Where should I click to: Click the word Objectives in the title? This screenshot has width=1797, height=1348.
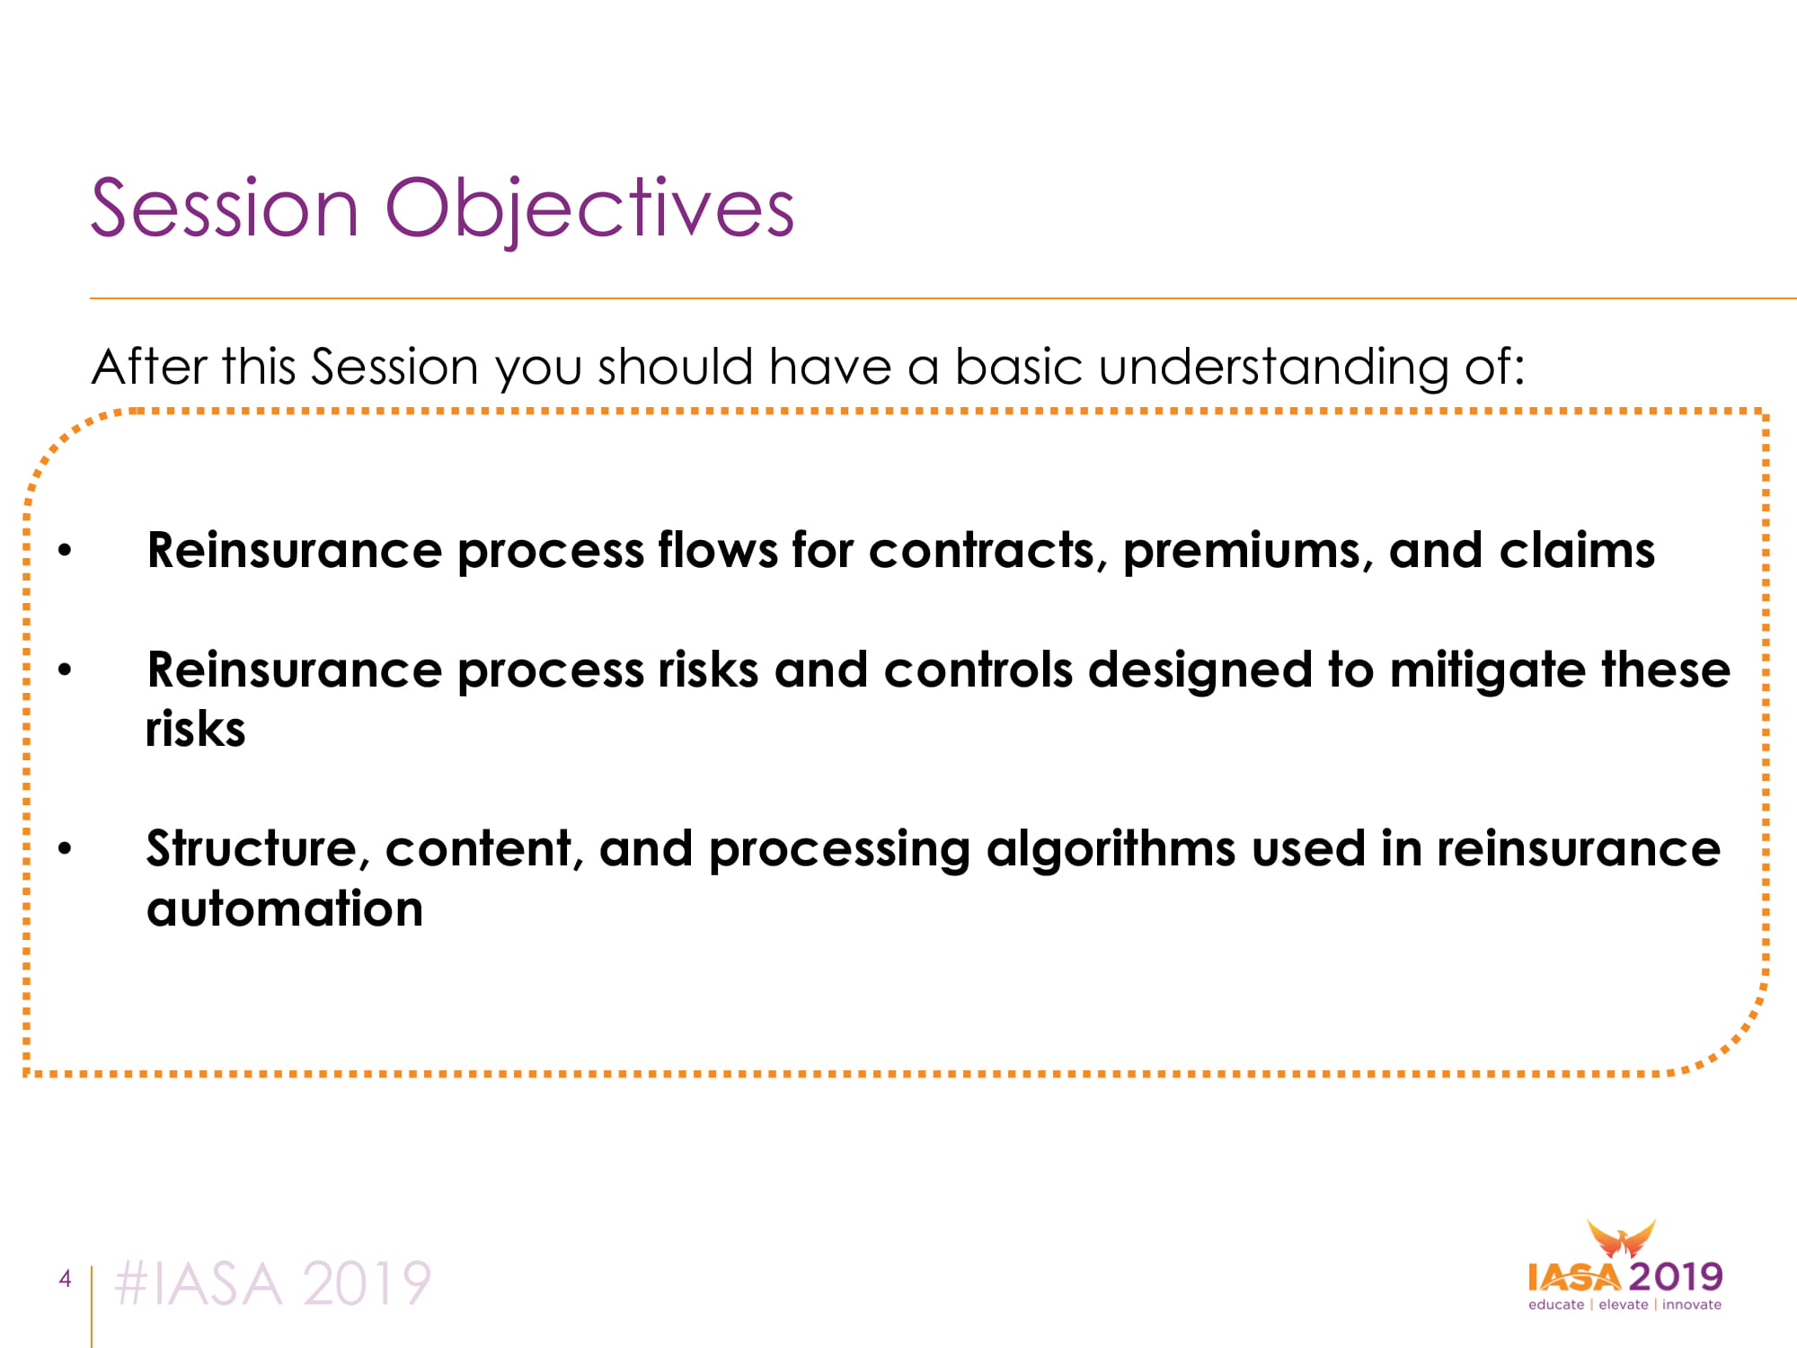pos(589,209)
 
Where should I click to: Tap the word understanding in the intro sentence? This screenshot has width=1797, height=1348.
pos(1273,368)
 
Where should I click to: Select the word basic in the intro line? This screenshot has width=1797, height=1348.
pos(1018,367)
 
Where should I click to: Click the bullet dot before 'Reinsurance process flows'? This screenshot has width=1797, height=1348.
pos(65,551)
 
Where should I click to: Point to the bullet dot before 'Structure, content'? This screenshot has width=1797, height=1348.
pos(65,848)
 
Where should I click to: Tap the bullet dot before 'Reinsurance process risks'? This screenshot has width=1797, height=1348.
pos(65,670)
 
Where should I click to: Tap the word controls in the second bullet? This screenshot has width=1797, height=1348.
pos(978,670)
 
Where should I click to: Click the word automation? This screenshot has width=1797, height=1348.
pos(285,909)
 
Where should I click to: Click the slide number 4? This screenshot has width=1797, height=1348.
pos(65,1278)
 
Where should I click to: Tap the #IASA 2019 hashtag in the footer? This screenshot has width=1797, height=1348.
pos(273,1283)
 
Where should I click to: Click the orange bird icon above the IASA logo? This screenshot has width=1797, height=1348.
pos(1621,1239)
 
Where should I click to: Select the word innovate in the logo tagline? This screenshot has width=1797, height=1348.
pos(1692,1305)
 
